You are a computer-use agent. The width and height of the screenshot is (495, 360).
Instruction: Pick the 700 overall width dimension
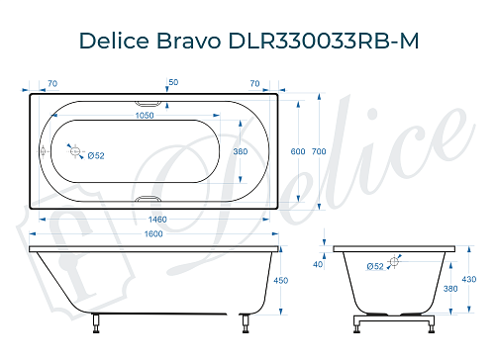pyautogui.click(x=319, y=151)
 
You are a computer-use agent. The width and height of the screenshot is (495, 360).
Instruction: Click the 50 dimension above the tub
pyautogui.click(x=174, y=83)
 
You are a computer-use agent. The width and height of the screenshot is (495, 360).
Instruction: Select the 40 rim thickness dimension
pyautogui.click(x=318, y=264)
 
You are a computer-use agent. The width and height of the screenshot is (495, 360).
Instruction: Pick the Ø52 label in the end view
pyautogui.click(x=375, y=266)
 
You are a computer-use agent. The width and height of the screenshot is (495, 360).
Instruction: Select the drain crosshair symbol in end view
pyautogui.click(x=395, y=261)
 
